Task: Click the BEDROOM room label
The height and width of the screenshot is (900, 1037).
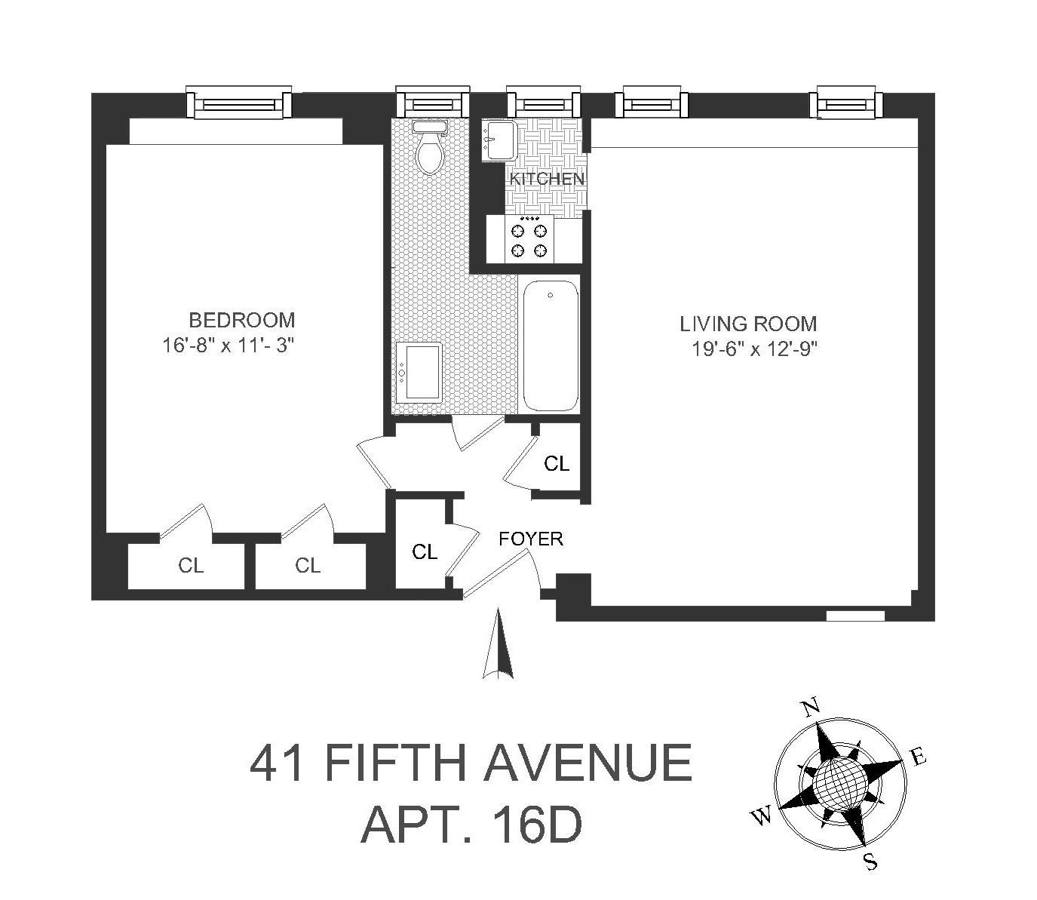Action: (241, 319)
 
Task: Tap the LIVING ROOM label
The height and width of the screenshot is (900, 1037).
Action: (748, 324)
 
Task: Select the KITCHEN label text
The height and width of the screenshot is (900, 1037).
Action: (547, 179)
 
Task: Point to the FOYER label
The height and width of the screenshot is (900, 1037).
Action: (531, 539)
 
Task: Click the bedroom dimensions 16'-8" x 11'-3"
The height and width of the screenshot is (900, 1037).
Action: (228, 346)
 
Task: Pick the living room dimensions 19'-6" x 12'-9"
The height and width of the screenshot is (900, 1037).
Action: (755, 349)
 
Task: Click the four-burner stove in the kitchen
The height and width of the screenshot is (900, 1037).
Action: (528, 239)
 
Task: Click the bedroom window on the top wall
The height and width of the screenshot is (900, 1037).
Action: (238, 103)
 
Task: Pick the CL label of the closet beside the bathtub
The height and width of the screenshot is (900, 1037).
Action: (557, 464)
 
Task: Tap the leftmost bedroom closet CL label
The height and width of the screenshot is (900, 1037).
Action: (191, 565)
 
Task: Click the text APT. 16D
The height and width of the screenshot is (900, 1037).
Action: (471, 825)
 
